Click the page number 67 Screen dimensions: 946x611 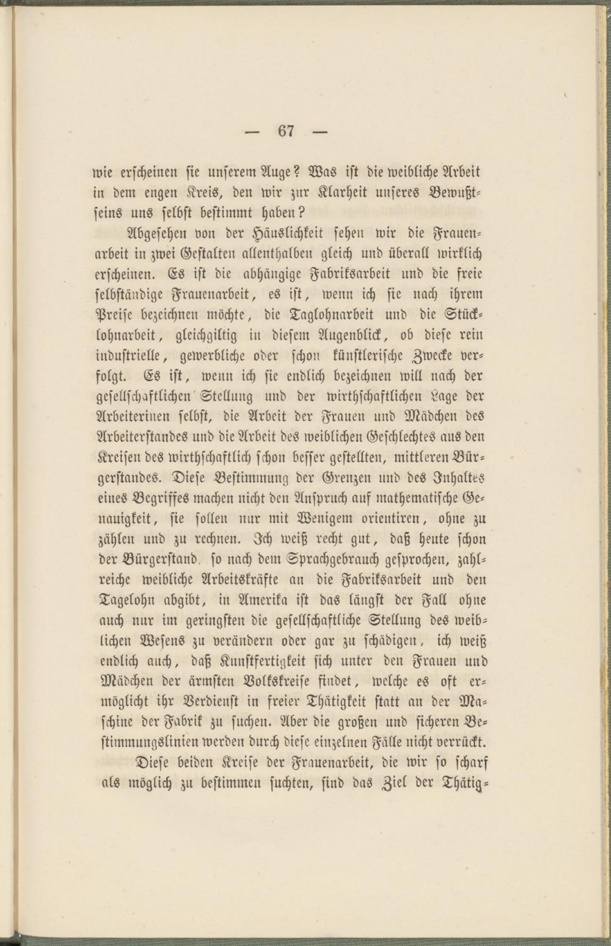point(287,131)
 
